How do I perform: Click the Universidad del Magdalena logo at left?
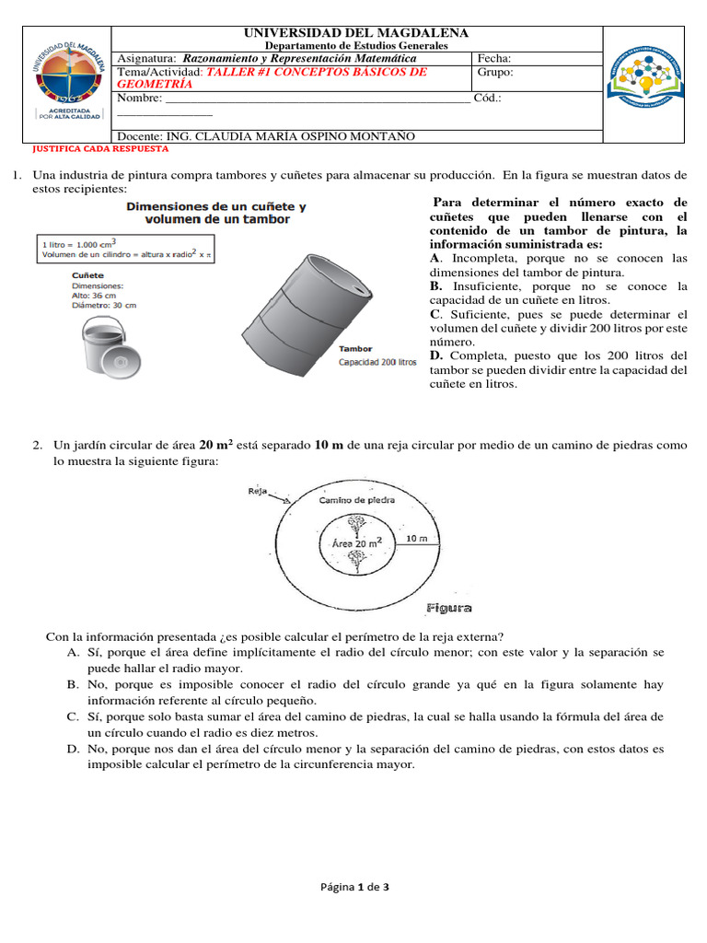[64, 83]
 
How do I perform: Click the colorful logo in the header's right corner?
[649, 82]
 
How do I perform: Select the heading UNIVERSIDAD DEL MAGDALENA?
[356, 33]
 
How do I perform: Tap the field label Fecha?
[494, 58]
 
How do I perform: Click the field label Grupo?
[496, 72]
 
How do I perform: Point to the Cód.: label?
[488, 98]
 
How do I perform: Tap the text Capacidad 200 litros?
[377, 362]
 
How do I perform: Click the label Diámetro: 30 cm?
[103, 305]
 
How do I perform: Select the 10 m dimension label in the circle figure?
[416, 539]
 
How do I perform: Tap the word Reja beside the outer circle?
[257, 491]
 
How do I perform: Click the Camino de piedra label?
[356, 500]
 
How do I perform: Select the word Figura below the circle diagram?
[450, 608]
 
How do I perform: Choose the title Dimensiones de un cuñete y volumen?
[216, 213]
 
